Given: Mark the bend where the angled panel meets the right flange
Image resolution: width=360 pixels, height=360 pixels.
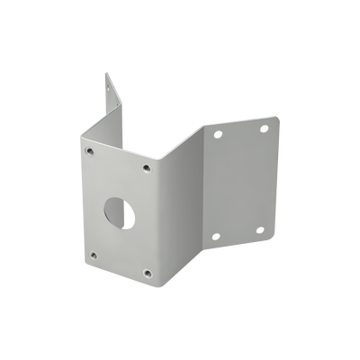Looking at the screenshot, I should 205,180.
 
